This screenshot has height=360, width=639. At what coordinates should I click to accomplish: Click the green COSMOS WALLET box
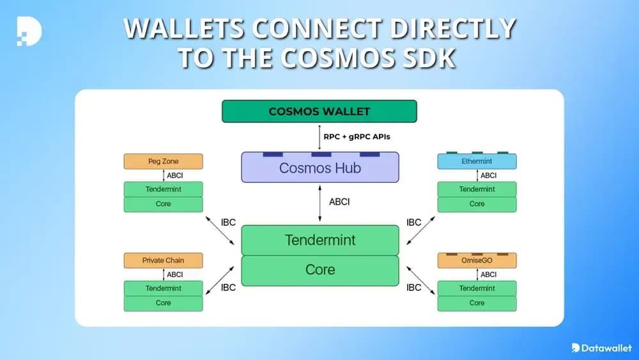tap(319, 111)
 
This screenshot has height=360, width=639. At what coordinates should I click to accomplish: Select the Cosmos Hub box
tap(319, 168)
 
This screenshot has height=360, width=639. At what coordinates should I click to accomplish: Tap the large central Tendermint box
tap(319, 240)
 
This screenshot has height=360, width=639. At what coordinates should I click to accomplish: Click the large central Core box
tap(319, 270)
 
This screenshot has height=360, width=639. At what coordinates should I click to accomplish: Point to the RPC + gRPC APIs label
tap(357, 136)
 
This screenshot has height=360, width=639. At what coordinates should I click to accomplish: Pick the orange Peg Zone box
tap(163, 162)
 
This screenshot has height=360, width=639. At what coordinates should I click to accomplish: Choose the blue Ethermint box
tap(477, 162)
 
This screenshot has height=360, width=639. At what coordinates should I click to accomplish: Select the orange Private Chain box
tap(163, 260)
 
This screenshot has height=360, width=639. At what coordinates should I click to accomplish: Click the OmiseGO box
tap(477, 261)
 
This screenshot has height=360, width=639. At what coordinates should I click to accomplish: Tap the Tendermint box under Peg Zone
tap(163, 189)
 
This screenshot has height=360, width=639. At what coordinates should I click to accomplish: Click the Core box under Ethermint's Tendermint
tap(477, 204)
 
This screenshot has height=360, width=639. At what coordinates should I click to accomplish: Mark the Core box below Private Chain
tap(163, 303)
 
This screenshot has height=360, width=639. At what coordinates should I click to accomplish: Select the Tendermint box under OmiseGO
tap(477, 288)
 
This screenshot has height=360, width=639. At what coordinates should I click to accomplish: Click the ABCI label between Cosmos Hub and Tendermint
tap(339, 201)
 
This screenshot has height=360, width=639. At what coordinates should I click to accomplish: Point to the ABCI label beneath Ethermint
tap(489, 176)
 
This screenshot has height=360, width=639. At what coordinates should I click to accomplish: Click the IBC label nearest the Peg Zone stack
tap(228, 223)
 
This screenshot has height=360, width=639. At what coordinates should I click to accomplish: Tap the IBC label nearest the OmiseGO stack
tap(414, 288)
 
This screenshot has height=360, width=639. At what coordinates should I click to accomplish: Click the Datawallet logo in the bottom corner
tap(601, 347)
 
